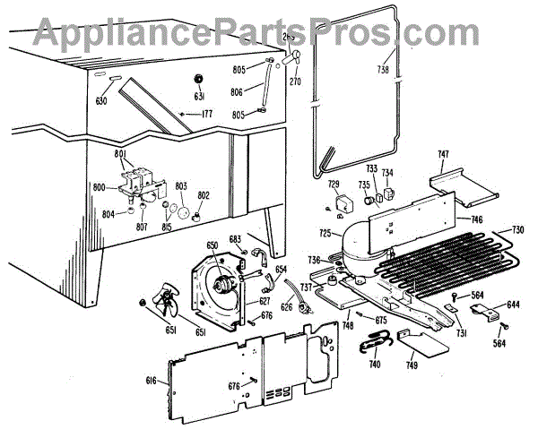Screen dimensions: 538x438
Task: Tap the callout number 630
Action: click(100, 101)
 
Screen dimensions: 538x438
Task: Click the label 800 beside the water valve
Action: click(99, 187)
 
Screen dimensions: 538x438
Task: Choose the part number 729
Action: click(334, 185)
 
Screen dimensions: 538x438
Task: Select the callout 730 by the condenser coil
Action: click(517, 230)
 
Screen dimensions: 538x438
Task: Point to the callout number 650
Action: click(212, 245)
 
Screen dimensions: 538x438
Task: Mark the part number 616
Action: click(151, 381)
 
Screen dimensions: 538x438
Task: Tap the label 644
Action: click(513, 305)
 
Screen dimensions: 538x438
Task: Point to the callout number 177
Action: click(206, 114)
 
